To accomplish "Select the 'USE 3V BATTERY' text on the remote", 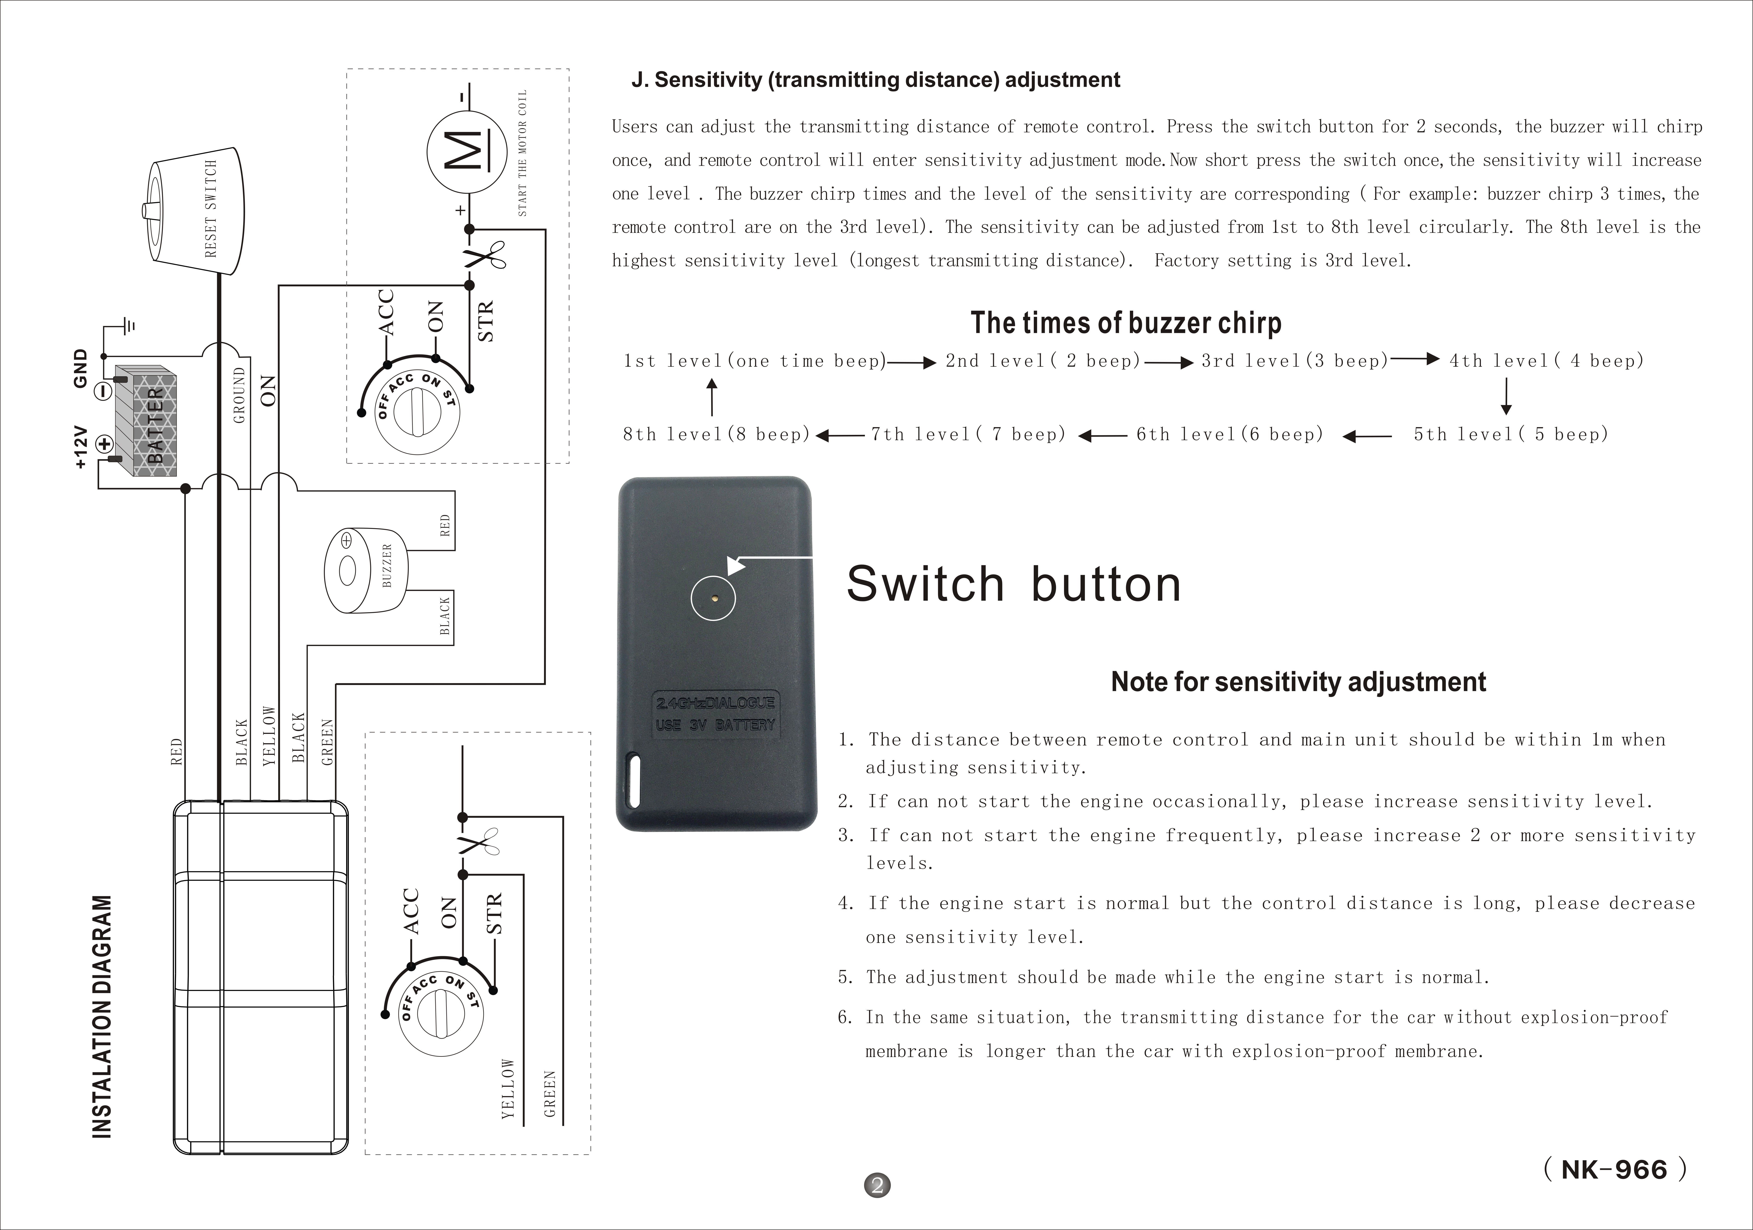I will pos(715,724).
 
